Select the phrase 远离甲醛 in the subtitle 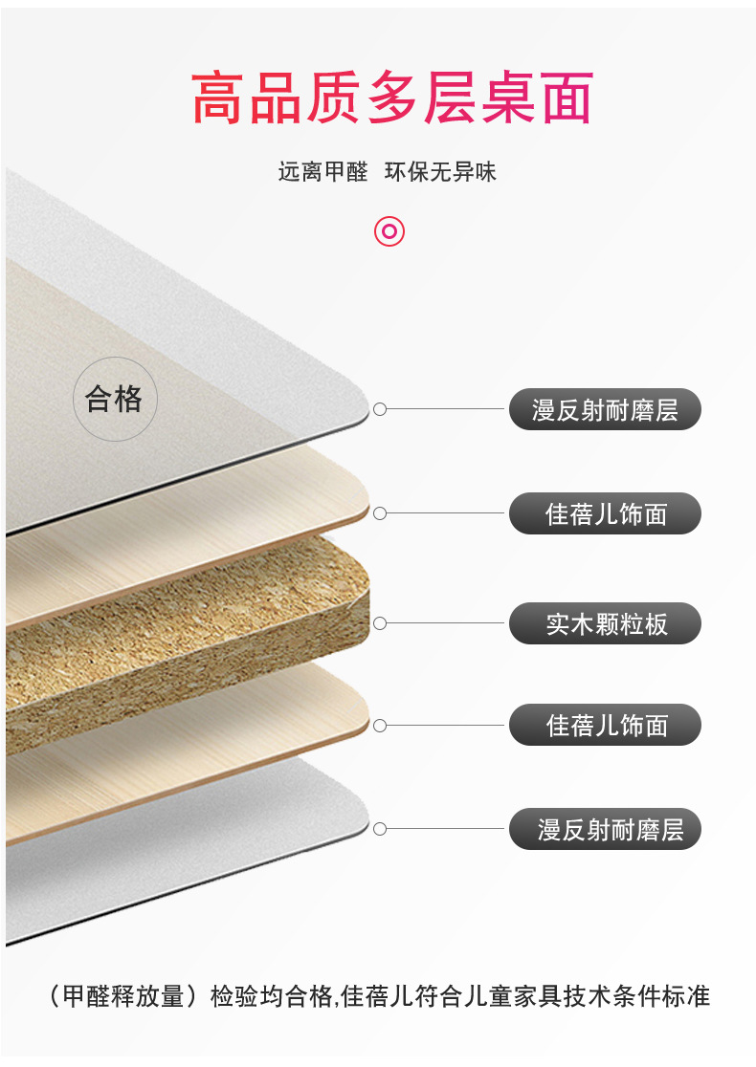click(x=322, y=173)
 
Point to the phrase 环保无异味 click(x=440, y=173)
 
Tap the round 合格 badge click(x=114, y=399)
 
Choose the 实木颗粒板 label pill click(x=605, y=624)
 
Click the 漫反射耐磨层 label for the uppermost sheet click(x=605, y=410)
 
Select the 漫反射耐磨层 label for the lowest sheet click(x=605, y=829)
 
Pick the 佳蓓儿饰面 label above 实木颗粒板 click(x=605, y=514)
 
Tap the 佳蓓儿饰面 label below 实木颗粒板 click(x=605, y=725)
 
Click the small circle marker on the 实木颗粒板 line click(x=380, y=623)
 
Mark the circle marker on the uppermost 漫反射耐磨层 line click(x=380, y=409)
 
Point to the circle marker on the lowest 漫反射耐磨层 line click(x=380, y=828)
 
